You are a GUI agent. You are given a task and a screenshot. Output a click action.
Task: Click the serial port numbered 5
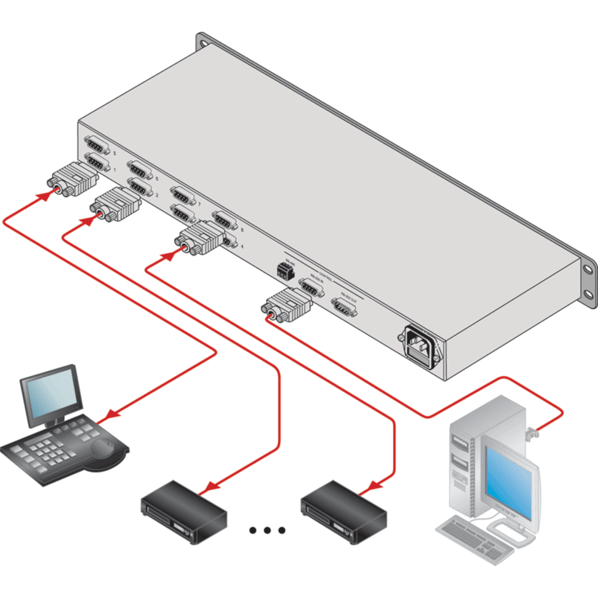96,144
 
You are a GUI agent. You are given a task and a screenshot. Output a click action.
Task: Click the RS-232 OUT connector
346,309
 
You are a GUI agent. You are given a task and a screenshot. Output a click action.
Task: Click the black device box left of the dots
182,507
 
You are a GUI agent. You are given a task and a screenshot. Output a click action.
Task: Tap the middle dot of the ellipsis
267,530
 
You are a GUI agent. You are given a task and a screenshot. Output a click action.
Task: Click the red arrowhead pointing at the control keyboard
111,413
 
